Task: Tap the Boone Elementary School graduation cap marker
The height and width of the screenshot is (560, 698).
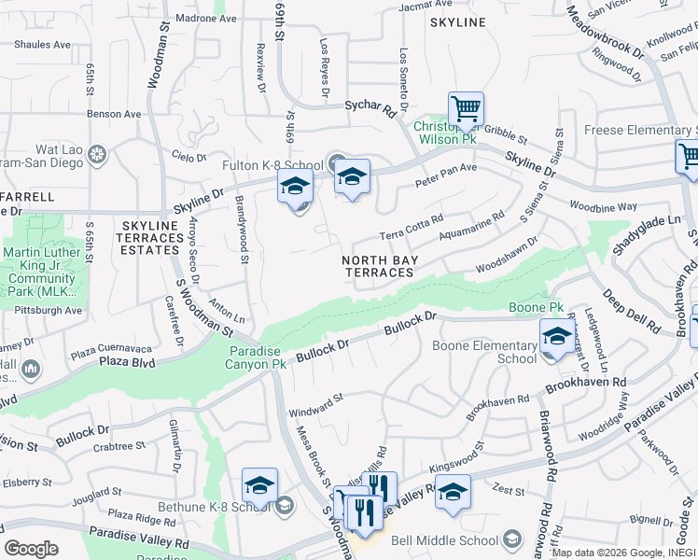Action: click(x=557, y=336)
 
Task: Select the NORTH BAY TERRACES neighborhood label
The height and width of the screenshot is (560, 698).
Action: click(x=379, y=266)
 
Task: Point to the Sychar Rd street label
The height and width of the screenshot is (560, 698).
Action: click(x=370, y=108)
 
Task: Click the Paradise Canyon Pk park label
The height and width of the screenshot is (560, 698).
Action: click(x=258, y=357)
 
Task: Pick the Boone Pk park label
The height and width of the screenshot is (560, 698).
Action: click(x=537, y=307)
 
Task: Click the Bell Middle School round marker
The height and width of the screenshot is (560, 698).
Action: click(x=511, y=539)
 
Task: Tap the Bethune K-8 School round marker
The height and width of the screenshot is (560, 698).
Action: click(x=285, y=506)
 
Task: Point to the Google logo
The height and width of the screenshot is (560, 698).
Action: click(x=31, y=548)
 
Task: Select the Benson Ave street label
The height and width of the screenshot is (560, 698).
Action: click(x=114, y=114)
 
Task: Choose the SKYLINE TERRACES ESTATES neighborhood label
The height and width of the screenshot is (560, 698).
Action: click(x=150, y=238)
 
